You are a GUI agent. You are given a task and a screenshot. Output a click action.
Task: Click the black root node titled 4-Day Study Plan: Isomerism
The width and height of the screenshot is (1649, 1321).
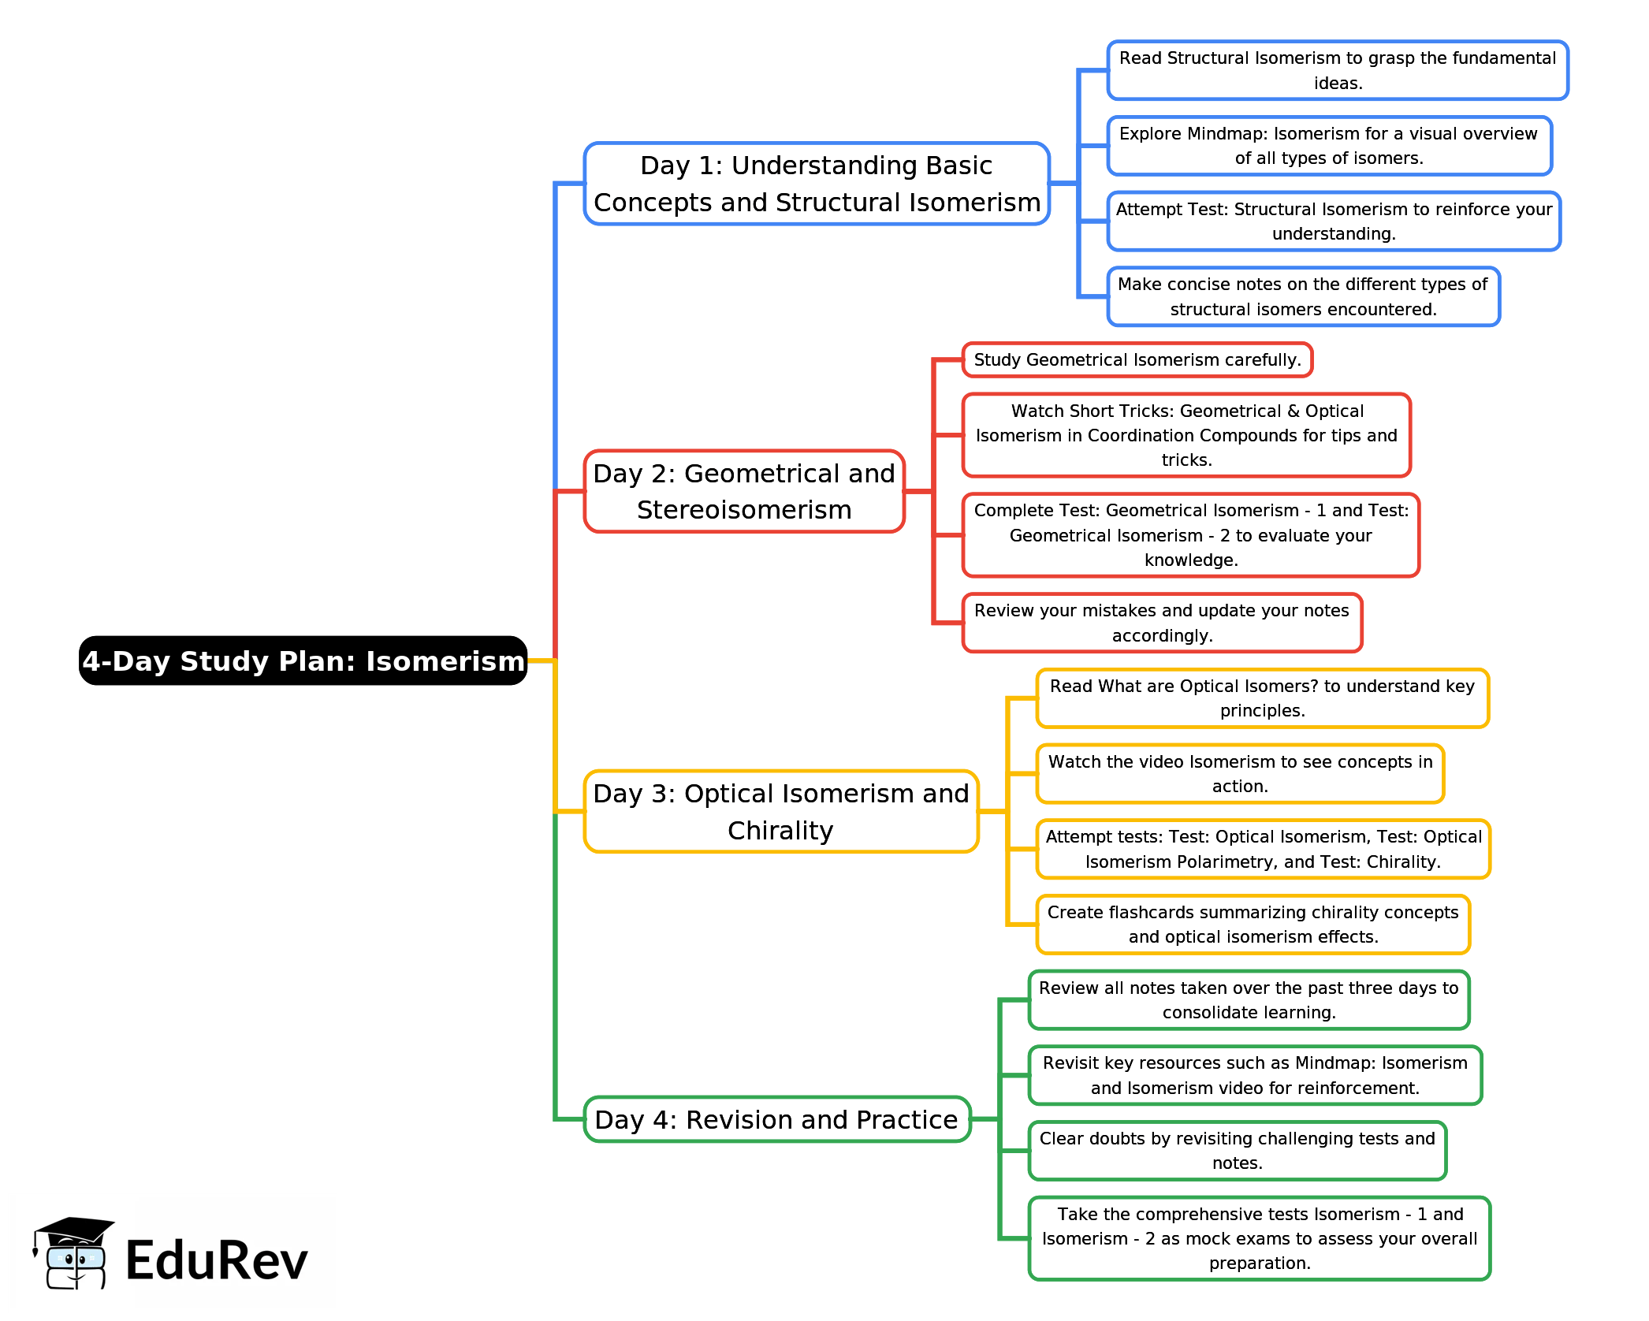(x=303, y=660)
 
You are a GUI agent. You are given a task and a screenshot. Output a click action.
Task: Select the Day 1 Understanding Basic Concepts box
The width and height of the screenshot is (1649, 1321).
(x=817, y=184)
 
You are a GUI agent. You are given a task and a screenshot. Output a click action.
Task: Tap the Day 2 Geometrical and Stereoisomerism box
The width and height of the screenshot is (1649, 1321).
(x=744, y=491)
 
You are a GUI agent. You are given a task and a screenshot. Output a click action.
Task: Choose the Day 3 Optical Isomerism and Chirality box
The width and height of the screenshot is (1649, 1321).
(x=780, y=811)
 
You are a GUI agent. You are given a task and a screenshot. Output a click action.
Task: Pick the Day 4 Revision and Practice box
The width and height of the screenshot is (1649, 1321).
(x=776, y=1118)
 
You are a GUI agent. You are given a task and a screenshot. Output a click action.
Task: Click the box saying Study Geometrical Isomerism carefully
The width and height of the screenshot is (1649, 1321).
(x=1137, y=360)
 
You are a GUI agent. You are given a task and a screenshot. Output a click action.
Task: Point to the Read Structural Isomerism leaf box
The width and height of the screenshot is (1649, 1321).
(x=1337, y=70)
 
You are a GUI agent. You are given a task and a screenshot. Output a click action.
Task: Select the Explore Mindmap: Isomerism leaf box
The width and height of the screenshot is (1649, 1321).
(x=1329, y=146)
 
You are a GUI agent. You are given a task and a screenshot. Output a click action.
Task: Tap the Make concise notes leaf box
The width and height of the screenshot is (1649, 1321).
(x=1303, y=296)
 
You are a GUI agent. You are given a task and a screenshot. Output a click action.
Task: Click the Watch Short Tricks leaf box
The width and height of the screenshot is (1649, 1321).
(x=1186, y=435)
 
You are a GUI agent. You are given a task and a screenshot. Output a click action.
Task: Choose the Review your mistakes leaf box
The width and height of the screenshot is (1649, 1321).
(x=1162, y=623)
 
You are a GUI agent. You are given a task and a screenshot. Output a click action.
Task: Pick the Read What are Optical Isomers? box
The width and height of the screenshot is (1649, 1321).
(x=1262, y=698)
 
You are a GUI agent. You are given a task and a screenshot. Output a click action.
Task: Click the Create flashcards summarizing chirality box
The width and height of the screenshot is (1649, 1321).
(x=1253, y=924)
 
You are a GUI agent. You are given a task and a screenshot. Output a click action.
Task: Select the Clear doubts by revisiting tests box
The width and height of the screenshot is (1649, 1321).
(x=1237, y=1150)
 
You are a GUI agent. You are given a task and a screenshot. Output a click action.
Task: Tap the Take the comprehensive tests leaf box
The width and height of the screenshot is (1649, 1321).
(x=1259, y=1238)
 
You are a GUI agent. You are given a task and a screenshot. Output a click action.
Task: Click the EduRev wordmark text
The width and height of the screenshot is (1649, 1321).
(x=216, y=1260)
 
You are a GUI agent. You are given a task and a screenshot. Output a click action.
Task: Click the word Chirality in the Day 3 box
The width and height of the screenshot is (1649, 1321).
(x=780, y=831)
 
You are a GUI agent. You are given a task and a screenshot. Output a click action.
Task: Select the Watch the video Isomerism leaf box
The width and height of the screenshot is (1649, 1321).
(x=1240, y=773)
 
